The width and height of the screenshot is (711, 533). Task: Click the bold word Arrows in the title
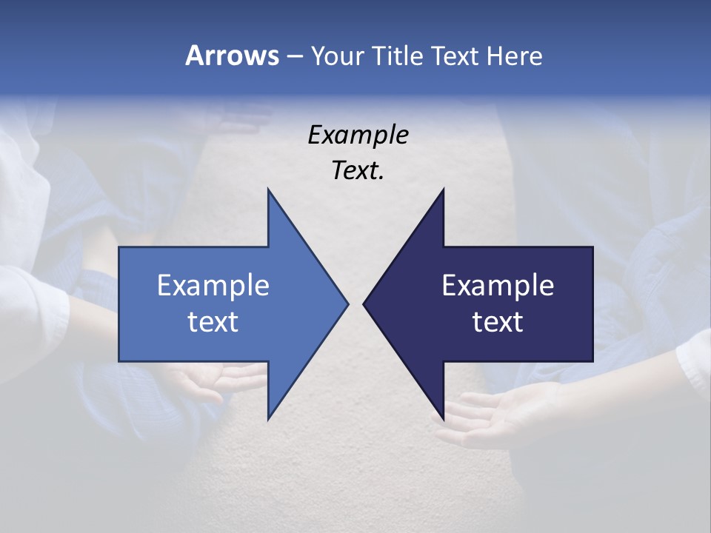(x=231, y=56)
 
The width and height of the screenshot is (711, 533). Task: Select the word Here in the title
(x=514, y=56)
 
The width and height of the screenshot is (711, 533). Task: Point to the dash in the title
(x=294, y=56)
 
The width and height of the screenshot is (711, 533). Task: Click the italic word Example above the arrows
(x=358, y=135)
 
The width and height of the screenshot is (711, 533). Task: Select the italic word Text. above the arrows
(x=358, y=171)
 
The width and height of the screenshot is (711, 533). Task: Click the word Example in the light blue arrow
(x=213, y=286)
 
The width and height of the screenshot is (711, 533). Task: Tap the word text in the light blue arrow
(x=213, y=322)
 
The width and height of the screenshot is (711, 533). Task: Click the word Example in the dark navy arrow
(x=498, y=286)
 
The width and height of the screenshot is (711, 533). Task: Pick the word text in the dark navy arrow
(x=498, y=322)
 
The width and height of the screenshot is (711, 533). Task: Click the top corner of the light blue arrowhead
(x=268, y=190)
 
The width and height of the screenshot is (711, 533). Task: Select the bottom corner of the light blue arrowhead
(x=268, y=418)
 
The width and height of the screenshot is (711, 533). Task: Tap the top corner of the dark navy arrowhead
(x=443, y=190)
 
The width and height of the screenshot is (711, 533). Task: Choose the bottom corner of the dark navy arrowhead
(x=443, y=418)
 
